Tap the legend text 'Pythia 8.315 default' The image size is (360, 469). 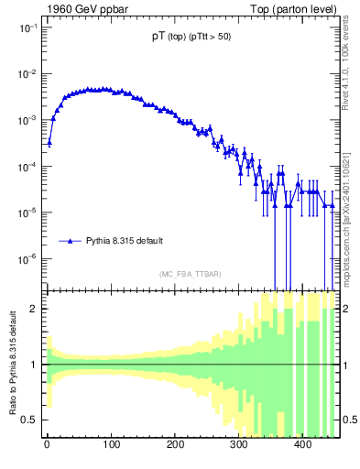[x=125, y=241]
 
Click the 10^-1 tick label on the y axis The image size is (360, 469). [x=25, y=27]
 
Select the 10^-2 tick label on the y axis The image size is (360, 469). [x=25, y=74]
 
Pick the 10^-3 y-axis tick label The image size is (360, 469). [x=25, y=120]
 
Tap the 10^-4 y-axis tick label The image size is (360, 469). [x=25, y=167]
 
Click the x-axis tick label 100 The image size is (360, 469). [x=111, y=446]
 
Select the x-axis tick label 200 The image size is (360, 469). [x=175, y=446]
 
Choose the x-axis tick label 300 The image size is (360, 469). [x=239, y=446]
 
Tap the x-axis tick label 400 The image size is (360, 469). [x=303, y=446]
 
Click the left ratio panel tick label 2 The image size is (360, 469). [x=33, y=309]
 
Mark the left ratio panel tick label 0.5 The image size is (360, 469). [x=29, y=420]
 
